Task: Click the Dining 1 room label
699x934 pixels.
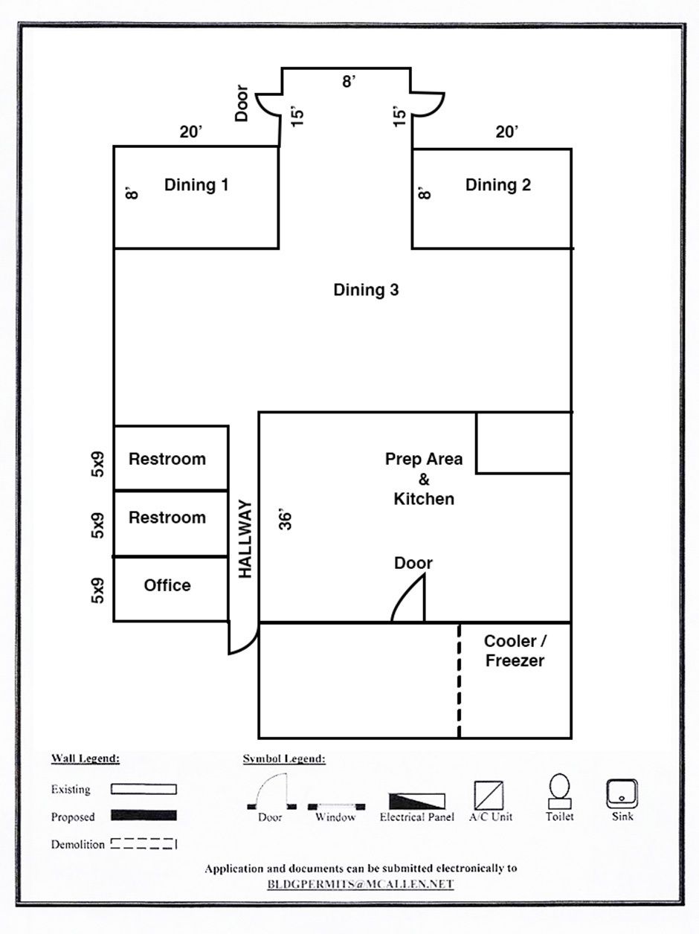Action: (196, 184)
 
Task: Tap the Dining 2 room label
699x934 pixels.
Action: (498, 184)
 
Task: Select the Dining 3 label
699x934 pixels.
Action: (366, 290)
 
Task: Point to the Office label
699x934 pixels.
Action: (167, 585)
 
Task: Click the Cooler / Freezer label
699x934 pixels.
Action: (515, 651)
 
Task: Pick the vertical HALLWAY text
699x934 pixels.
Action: (246, 539)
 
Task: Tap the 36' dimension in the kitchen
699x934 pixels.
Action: (285, 518)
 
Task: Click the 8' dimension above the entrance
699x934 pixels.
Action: (349, 81)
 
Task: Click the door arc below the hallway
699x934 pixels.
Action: (241, 640)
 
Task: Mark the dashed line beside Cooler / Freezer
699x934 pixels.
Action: (459, 680)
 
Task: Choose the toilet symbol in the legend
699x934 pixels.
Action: (559, 792)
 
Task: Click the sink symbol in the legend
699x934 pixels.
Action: (622, 793)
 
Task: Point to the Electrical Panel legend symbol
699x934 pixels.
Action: (417, 800)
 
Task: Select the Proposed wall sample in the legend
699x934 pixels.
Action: (144, 816)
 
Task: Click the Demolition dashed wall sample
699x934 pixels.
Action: (144, 844)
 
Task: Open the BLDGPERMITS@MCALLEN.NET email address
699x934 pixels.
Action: (361, 884)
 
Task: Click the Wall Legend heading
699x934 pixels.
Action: (86, 759)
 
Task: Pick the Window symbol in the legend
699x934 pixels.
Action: (335, 805)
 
